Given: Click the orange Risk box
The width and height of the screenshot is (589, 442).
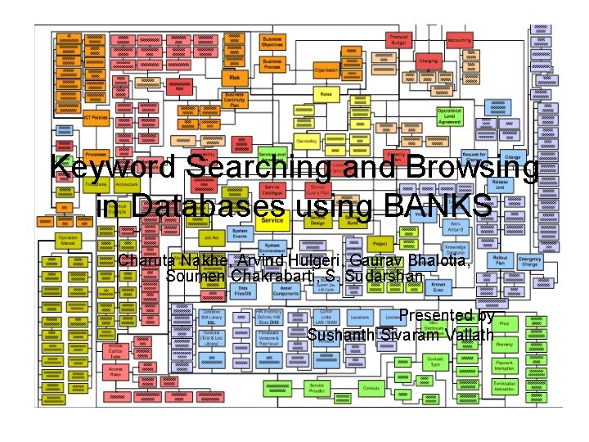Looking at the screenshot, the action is (235, 78).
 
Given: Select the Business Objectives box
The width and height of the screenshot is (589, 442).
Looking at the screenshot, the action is (272, 42).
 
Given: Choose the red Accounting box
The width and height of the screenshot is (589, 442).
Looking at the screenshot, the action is (459, 40).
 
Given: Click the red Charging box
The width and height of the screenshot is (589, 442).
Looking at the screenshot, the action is (429, 61).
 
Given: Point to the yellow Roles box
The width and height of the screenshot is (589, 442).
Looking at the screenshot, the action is (326, 95).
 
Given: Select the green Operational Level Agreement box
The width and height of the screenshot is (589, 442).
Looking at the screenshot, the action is (449, 116).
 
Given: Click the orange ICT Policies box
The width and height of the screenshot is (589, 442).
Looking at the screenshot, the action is (96, 118).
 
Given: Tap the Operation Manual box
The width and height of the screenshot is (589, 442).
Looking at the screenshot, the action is (68, 240).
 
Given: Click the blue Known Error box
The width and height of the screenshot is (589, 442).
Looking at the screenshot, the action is (438, 286).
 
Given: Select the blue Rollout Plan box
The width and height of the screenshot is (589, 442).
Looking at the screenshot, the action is (499, 261).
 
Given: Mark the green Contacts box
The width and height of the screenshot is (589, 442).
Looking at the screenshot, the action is (371, 387).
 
